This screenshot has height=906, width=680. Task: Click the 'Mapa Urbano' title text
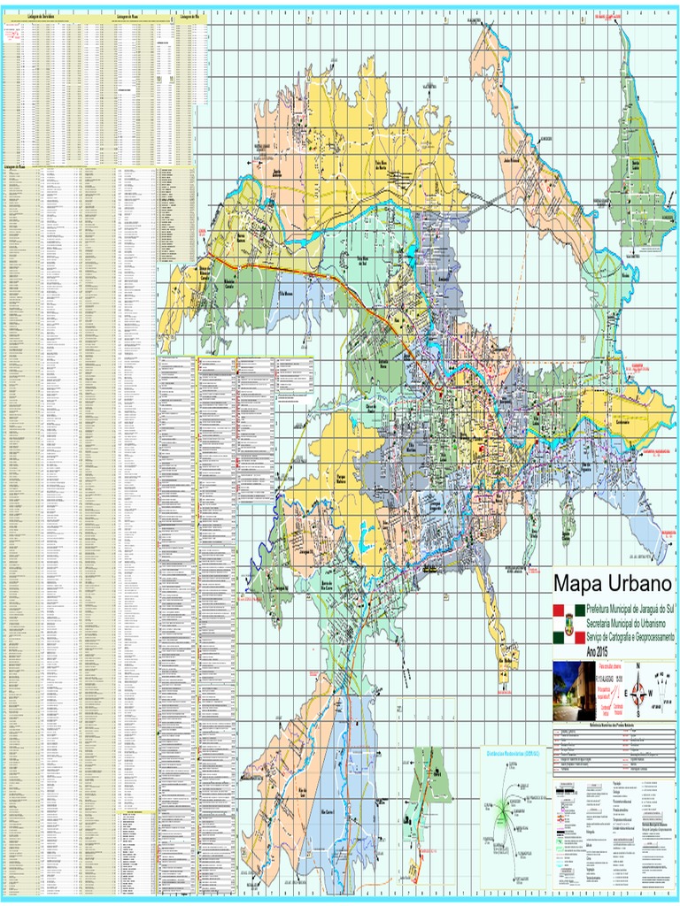click(x=613, y=585)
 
